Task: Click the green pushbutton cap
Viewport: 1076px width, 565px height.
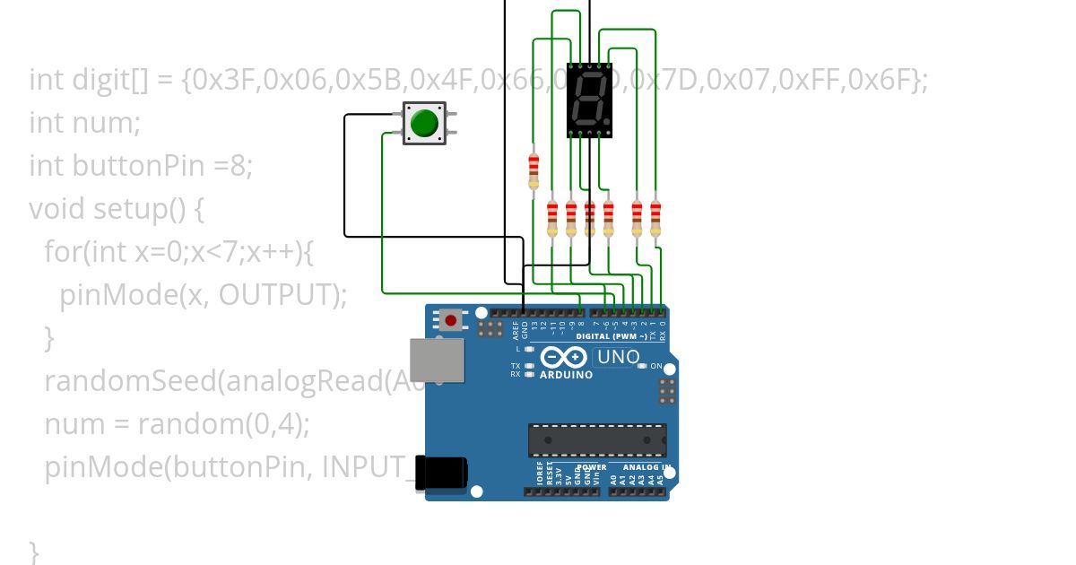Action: coord(423,123)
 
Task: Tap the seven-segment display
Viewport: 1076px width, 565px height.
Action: coord(589,100)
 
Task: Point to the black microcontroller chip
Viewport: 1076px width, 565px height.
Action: coord(596,439)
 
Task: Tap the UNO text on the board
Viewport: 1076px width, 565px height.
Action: coord(620,357)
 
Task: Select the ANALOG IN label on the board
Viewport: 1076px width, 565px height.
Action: coord(647,468)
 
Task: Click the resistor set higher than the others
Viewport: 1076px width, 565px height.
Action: coord(534,168)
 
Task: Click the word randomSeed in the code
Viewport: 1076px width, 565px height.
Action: coord(129,381)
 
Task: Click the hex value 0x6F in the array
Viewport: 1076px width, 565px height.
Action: coord(881,81)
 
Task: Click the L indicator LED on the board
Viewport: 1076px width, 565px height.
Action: coord(529,349)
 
